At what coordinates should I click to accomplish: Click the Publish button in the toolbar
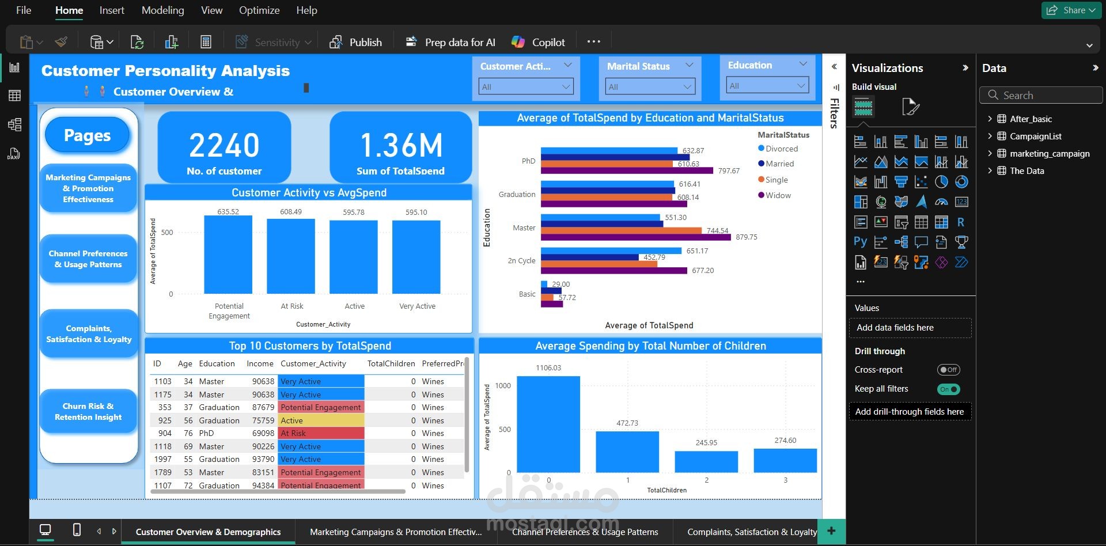(x=356, y=42)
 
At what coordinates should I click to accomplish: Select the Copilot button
(x=538, y=42)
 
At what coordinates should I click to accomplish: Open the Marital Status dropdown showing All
(x=650, y=87)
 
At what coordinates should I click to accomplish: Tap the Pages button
(x=88, y=135)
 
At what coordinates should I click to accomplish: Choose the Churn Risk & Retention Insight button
(x=88, y=411)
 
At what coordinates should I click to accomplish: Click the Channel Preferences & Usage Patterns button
(x=88, y=259)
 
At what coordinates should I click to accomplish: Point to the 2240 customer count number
(x=224, y=145)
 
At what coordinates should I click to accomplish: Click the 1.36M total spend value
(x=401, y=145)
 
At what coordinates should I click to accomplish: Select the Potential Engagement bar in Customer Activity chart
(x=228, y=255)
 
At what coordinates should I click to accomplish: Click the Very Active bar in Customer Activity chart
(x=416, y=257)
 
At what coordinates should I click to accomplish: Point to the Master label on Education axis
(x=524, y=228)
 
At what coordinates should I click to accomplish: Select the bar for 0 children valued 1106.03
(x=548, y=424)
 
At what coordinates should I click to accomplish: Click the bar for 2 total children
(x=706, y=461)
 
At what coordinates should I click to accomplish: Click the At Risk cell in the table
(x=321, y=433)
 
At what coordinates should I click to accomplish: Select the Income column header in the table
(x=260, y=363)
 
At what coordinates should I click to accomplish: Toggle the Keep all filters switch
(x=948, y=389)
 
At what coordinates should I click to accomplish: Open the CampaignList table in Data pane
(x=1035, y=136)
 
